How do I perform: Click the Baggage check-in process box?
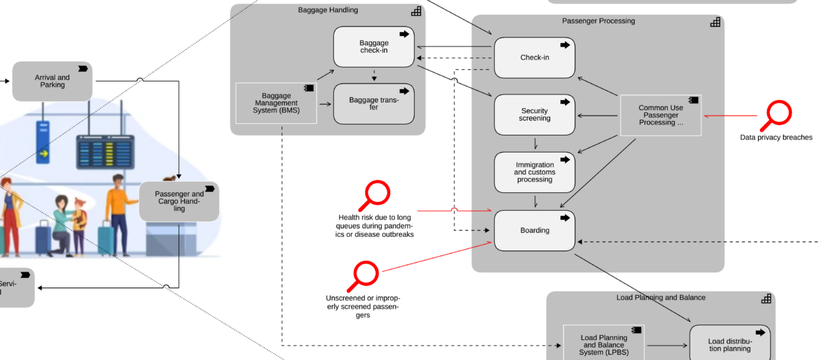coord(374,47)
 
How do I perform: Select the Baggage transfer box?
coord(374,104)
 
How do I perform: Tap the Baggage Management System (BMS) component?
coord(276,103)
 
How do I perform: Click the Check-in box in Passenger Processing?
coord(534,57)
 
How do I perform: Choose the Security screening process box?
coord(534,114)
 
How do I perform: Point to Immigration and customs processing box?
coord(534,172)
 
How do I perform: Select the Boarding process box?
coord(534,230)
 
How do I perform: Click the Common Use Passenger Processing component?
coord(661,115)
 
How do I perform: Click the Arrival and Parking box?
coord(52,81)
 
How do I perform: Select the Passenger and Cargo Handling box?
coord(179,201)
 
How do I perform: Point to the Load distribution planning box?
coord(729,345)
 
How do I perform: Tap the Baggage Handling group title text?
coord(328,10)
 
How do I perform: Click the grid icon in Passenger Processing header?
coord(715,22)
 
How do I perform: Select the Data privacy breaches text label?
coord(776,138)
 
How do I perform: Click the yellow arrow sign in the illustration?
coord(43,154)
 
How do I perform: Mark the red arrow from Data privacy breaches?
coord(729,115)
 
